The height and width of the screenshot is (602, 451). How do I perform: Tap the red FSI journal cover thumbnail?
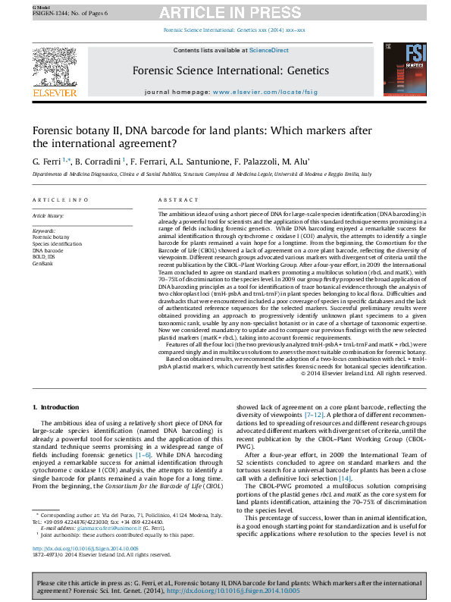click(x=406, y=69)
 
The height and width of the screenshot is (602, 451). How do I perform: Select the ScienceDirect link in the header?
click(x=271, y=50)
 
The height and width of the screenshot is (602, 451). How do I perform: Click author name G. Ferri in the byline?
click(x=45, y=161)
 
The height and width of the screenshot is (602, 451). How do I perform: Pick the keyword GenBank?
click(x=43, y=262)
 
